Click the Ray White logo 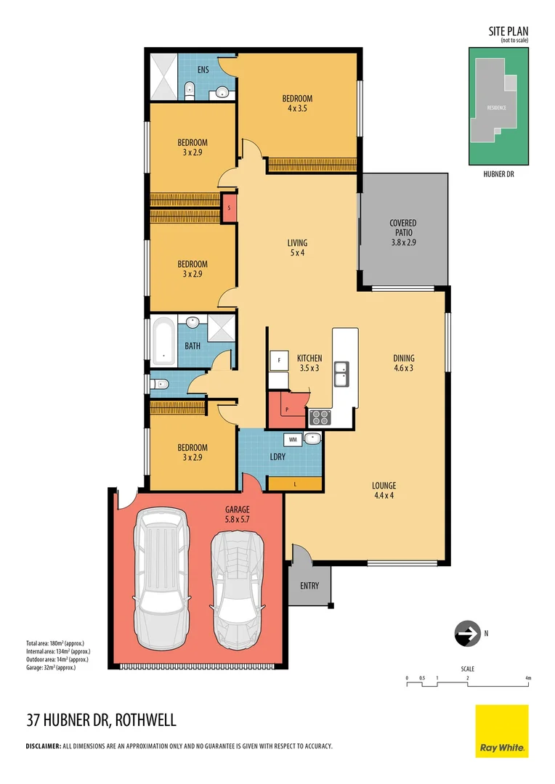[x=502, y=730]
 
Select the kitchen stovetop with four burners [x=320, y=417]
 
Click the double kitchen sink [x=340, y=374]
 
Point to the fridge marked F [x=277, y=361]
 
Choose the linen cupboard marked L [x=295, y=483]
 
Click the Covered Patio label [x=402, y=228]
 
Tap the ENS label [x=203, y=70]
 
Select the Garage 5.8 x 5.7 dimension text [x=237, y=520]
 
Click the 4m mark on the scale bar [x=528, y=678]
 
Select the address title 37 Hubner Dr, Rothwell [x=101, y=721]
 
